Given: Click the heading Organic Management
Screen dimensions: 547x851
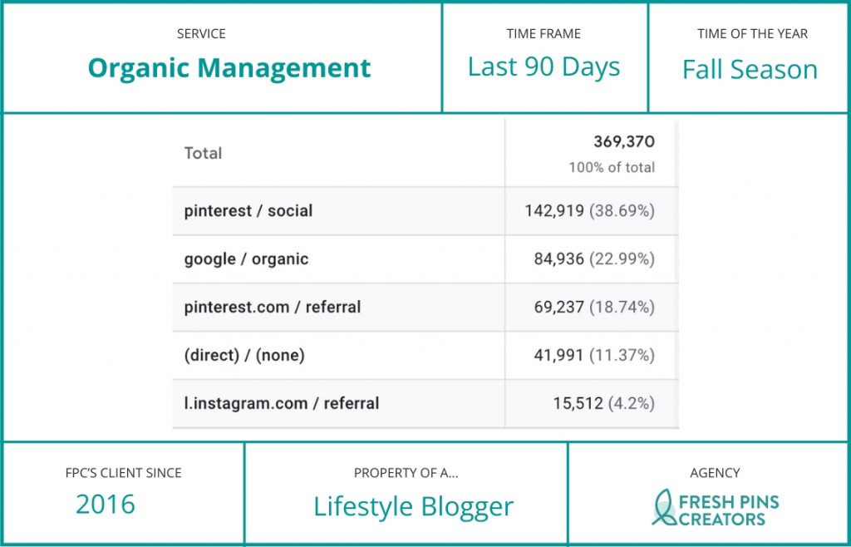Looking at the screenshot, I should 229,68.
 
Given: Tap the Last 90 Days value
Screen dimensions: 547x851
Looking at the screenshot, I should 544,67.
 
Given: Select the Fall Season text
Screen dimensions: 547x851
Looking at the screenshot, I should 750,70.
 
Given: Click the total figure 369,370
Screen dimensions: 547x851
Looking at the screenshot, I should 623,142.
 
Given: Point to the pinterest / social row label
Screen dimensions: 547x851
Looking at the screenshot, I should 248,210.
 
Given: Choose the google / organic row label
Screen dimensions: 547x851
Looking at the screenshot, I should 246,259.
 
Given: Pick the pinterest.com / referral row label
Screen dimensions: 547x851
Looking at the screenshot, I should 273,307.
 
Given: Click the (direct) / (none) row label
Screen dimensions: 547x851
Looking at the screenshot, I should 244,355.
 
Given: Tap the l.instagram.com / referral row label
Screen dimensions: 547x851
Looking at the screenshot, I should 281,403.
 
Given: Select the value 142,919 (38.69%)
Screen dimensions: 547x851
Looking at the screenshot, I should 589,211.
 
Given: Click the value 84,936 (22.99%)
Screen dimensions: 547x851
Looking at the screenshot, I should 593,259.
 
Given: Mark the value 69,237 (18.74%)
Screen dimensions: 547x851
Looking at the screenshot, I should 593,308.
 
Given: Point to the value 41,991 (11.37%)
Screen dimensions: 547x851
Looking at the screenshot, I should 593,356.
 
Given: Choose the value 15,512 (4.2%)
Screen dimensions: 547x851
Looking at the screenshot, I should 603,404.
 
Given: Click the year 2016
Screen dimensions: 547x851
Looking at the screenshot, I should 106,504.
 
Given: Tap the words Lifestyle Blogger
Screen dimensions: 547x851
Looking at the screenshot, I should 413,506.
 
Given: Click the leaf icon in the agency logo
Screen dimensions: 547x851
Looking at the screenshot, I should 663,508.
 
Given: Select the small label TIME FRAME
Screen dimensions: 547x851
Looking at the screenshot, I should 544,34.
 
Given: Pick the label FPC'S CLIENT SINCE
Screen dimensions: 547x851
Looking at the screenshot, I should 123,473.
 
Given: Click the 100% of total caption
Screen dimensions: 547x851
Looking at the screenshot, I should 611,167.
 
